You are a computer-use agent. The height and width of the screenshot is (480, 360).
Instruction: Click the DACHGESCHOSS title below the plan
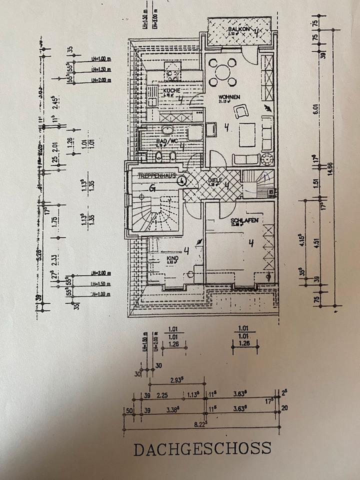point(202,448)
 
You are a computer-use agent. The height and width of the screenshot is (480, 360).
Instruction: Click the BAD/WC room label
point(167,142)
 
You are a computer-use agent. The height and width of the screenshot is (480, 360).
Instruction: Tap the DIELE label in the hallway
point(214,181)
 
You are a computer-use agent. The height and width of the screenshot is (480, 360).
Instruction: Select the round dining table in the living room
point(222,71)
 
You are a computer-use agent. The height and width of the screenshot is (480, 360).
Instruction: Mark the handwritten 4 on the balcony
point(256,33)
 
